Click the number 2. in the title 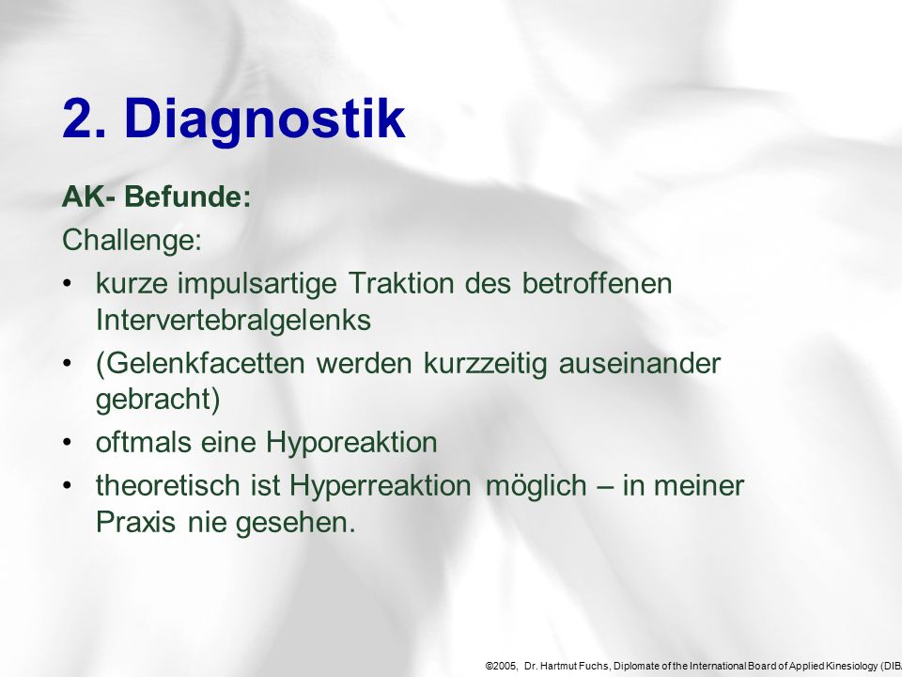coord(84,118)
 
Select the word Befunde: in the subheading coord(188,197)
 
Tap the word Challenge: coord(132,240)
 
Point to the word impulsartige coord(257,284)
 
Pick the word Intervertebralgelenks coord(233,320)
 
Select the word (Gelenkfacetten coord(200,363)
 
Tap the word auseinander coord(640,363)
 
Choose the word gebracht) coord(158,400)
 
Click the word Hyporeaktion coord(351,443)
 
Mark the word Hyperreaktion coord(381,486)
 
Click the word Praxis coord(135,522)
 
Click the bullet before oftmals coord(68,443)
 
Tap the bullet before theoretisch coord(68,485)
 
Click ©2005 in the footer coord(502,666)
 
